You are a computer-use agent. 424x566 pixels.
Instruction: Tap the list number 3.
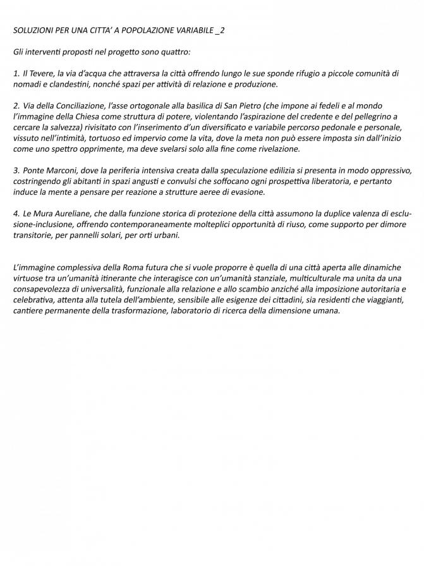click(x=16, y=170)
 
